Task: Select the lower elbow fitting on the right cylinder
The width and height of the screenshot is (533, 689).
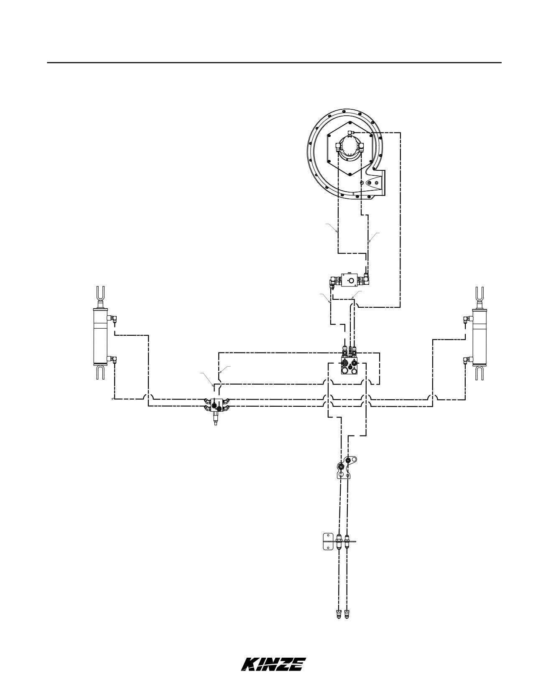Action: tap(468, 360)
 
